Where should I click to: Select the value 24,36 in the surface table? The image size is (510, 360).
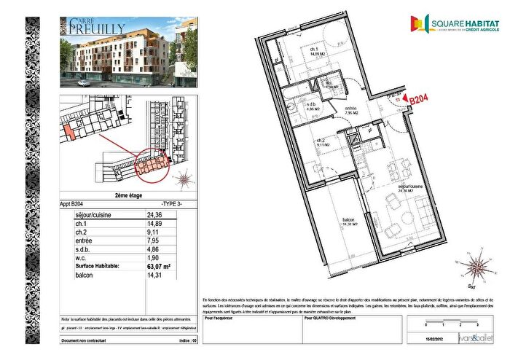tap(154, 215)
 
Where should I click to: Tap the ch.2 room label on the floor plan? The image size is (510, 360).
tap(321, 141)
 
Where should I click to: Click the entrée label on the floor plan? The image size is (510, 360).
tap(350, 110)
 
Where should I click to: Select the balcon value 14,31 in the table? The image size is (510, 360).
tap(154, 276)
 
